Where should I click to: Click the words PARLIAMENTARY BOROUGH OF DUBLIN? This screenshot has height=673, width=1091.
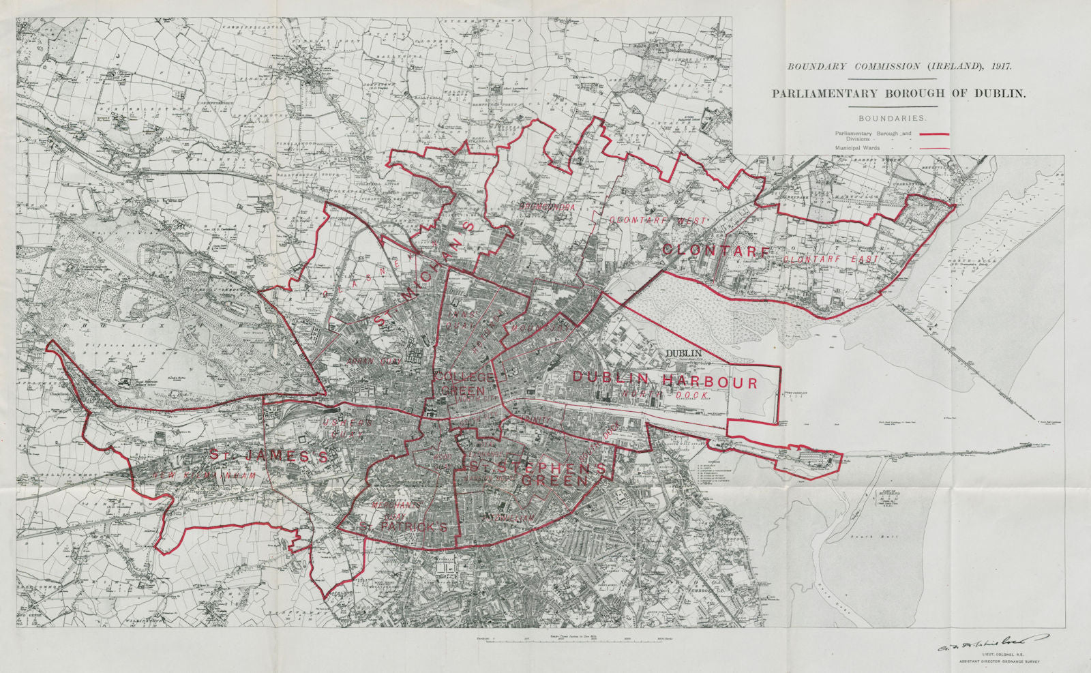[x=898, y=94]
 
